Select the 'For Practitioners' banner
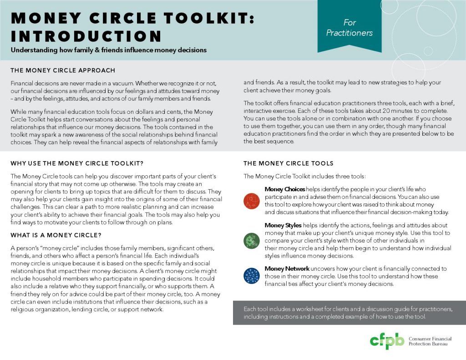click(x=349, y=27)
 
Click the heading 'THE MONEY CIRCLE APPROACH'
click(x=63, y=71)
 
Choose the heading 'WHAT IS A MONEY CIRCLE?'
click(x=56, y=235)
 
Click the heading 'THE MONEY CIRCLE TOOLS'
click(x=289, y=163)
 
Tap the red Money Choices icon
click(x=251, y=200)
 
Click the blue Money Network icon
click(x=251, y=276)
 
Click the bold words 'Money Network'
click(x=287, y=269)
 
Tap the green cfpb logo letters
click(x=386, y=340)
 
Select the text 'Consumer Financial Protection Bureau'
click(x=428, y=341)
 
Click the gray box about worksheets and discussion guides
click(x=349, y=313)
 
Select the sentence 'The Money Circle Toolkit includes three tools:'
click(x=304, y=176)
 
